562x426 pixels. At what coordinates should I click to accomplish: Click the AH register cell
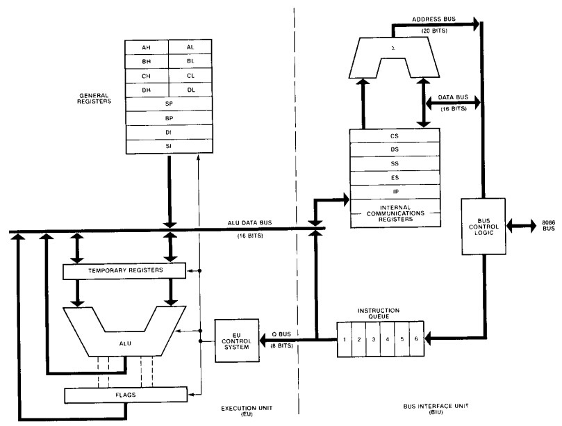click(146, 47)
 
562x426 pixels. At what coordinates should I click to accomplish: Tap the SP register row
click(168, 104)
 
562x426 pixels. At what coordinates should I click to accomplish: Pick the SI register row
click(168, 147)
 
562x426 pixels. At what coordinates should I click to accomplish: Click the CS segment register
click(394, 136)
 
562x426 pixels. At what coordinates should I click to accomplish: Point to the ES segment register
click(394, 178)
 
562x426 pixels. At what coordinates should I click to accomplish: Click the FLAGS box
click(125, 395)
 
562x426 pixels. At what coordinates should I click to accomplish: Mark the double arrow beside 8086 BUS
click(519, 227)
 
